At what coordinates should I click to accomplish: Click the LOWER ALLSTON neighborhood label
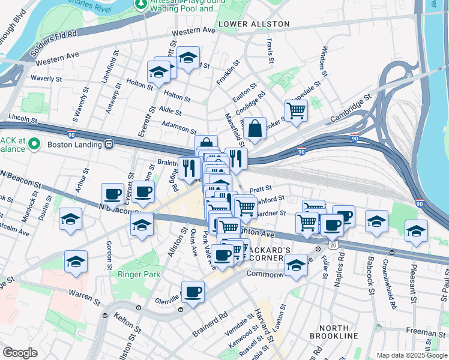click(x=254, y=24)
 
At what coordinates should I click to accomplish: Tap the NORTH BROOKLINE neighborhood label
click(x=334, y=332)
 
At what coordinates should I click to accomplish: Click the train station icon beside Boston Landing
click(x=109, y=144)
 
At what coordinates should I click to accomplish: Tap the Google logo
click(x=19, y=353)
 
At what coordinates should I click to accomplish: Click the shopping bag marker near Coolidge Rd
click(x=255, y=128)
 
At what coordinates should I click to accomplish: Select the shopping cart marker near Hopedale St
click(x=296, y=110)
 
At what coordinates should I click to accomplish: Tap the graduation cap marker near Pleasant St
click(x=416, y=231)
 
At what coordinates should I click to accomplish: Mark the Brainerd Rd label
click(x=210, y=323)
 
